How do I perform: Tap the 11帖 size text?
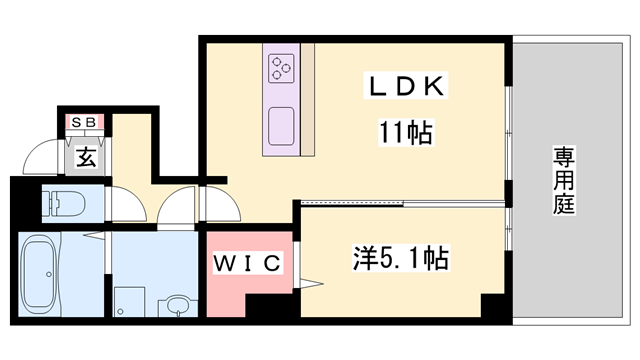pyautogui.click(x=405, y=132)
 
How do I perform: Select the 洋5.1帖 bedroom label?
pyautogui.click(x=399, y=259)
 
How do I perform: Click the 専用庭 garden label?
pyautogui.click(x=565, y=180)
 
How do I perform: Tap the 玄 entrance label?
pyautogui.click(x=87, y=157)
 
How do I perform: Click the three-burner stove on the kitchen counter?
pyautogui.click(x=281, y=67)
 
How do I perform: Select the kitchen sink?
pyautogui.click(x=282, y=125)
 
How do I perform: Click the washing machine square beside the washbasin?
pyautogui.click(x=128, y=303)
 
